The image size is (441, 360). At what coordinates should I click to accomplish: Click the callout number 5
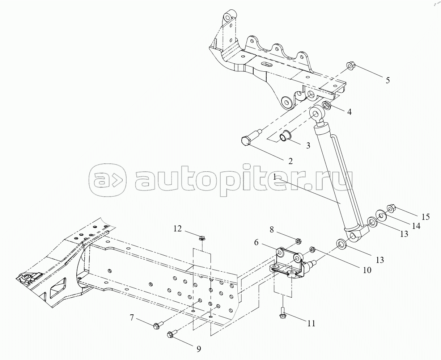point(387,80)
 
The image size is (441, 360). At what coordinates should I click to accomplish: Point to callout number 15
point(425,217)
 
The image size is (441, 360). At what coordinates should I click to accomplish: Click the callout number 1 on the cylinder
point(275,177)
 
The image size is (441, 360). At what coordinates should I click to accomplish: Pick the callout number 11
point(311,323)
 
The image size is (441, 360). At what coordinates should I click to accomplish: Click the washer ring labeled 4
point(325,105)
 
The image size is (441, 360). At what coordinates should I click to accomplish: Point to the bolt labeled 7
point(157,326)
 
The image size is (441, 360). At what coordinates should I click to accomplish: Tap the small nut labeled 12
point(202,238)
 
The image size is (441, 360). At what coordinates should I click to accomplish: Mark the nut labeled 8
point(298,241)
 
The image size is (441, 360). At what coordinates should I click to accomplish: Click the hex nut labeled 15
point(391,208)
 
